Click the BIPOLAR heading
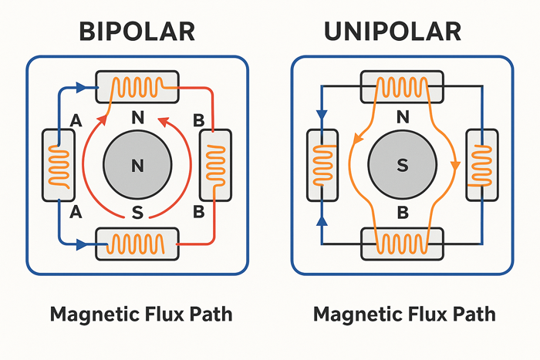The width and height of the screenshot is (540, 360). click(137, 32)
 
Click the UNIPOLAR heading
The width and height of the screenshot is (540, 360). click(402, 32)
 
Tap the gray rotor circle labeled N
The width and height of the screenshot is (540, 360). click(138, 165)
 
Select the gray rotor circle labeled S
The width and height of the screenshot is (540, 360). click(402, 165)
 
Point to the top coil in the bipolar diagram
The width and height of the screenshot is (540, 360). click(137, 85)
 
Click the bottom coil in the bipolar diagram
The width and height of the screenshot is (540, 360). click(137, 244)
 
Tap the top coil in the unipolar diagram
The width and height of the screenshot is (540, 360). click(401, 86)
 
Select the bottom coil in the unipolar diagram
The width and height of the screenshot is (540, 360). click(401, 244)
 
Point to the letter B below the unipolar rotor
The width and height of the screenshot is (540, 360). click(402, 210)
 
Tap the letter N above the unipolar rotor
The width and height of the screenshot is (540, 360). click(402, 119)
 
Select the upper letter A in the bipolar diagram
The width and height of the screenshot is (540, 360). click(76, 119)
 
